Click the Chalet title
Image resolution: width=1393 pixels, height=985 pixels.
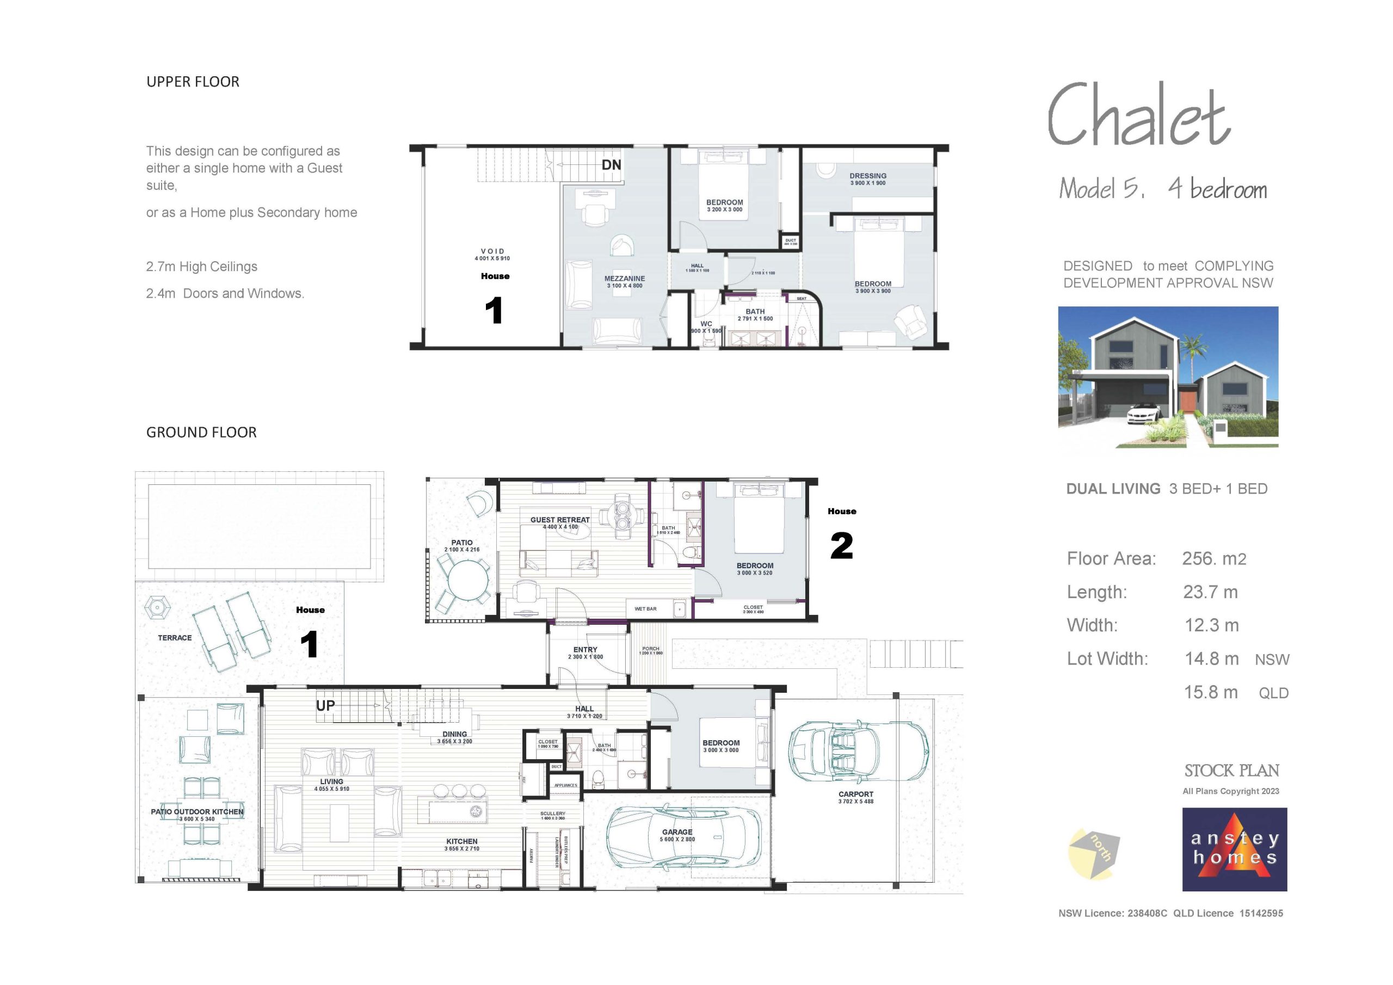[x=1138, y=116]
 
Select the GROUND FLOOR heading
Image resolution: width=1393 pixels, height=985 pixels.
[x=201, y=432]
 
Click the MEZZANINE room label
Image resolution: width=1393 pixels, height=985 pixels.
[x=624, y=279]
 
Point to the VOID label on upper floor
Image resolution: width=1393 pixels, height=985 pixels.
[x=492, y=251]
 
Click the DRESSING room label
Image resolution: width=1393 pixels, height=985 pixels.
[x=867, y=176]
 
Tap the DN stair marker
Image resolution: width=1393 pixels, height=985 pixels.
[x=611, y=165]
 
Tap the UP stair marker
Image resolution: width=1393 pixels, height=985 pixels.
[x=325, y=705]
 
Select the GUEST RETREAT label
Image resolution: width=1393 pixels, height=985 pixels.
[x=559, y=520]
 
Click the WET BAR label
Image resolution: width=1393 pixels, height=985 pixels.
[x=645, y=609]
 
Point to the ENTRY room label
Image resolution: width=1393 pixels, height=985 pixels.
[x=585, y=649]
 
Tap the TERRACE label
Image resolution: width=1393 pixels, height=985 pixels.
[x=175, y=638]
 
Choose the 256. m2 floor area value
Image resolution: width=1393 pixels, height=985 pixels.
[x=1213, y=559]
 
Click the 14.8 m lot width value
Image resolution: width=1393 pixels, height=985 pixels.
[x=1212, y=658]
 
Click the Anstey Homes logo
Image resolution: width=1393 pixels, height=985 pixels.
[x=1234, y=849]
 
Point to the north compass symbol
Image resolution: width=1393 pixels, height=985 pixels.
[x=1093, y=853]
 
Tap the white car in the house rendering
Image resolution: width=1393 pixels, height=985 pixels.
[x=1144, y=414]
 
